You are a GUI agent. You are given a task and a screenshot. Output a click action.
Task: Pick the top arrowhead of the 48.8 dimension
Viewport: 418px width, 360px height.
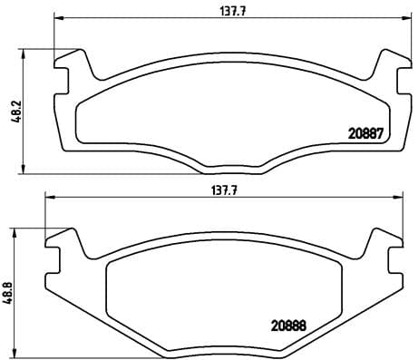click(x=16, y=229)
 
